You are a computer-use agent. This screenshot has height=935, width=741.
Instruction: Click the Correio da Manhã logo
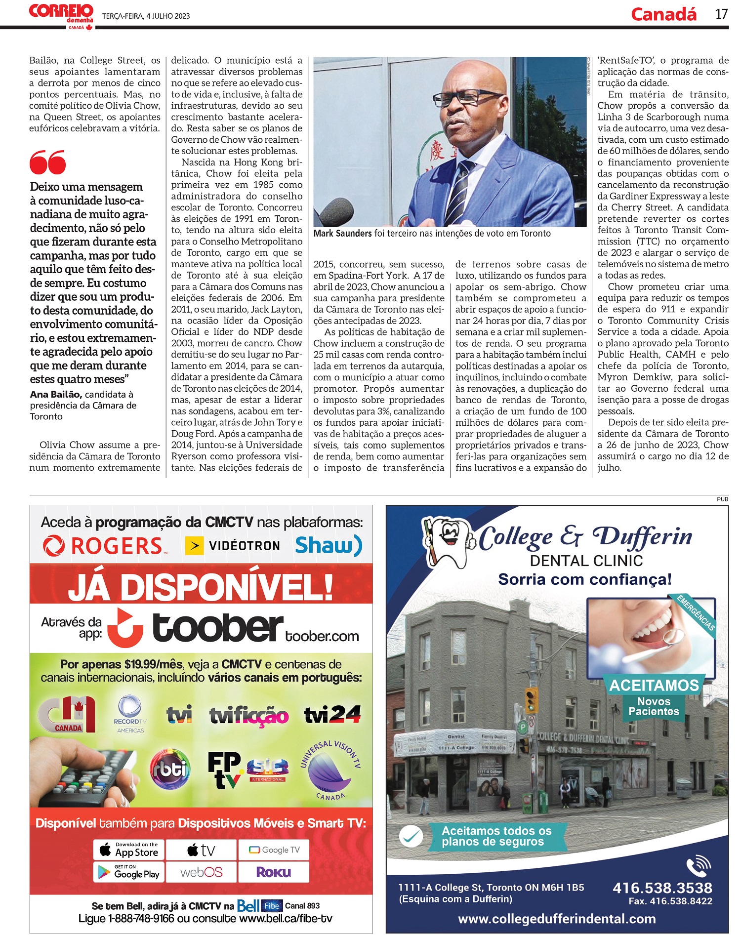(x=61, y=15)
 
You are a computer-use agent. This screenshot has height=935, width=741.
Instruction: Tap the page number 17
(x=721, y=14)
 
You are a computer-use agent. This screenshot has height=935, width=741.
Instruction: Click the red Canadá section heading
(x=663, y=14)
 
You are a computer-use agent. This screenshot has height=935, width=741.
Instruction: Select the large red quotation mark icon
(x=47, y=163)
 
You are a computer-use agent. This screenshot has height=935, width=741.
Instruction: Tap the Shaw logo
(x=329, y=545)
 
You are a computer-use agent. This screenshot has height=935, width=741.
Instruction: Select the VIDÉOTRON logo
(x=233, y=546)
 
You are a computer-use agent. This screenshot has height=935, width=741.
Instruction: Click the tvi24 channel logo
(x=332, y=714)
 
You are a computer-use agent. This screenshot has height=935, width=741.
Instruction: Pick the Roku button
(x=273, y=872)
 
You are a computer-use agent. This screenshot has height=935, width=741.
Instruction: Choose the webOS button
(x=202, y=872)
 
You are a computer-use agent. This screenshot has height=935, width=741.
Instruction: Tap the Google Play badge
(x=129, y=872)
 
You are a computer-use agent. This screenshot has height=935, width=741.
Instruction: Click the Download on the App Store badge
(x=129, y=850)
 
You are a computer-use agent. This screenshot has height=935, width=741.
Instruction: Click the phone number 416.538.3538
(x=662, y=888)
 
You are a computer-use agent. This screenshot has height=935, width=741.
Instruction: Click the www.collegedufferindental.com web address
(x=557, y=919)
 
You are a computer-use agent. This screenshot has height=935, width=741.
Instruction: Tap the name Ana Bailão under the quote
(x=55, y=394)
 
